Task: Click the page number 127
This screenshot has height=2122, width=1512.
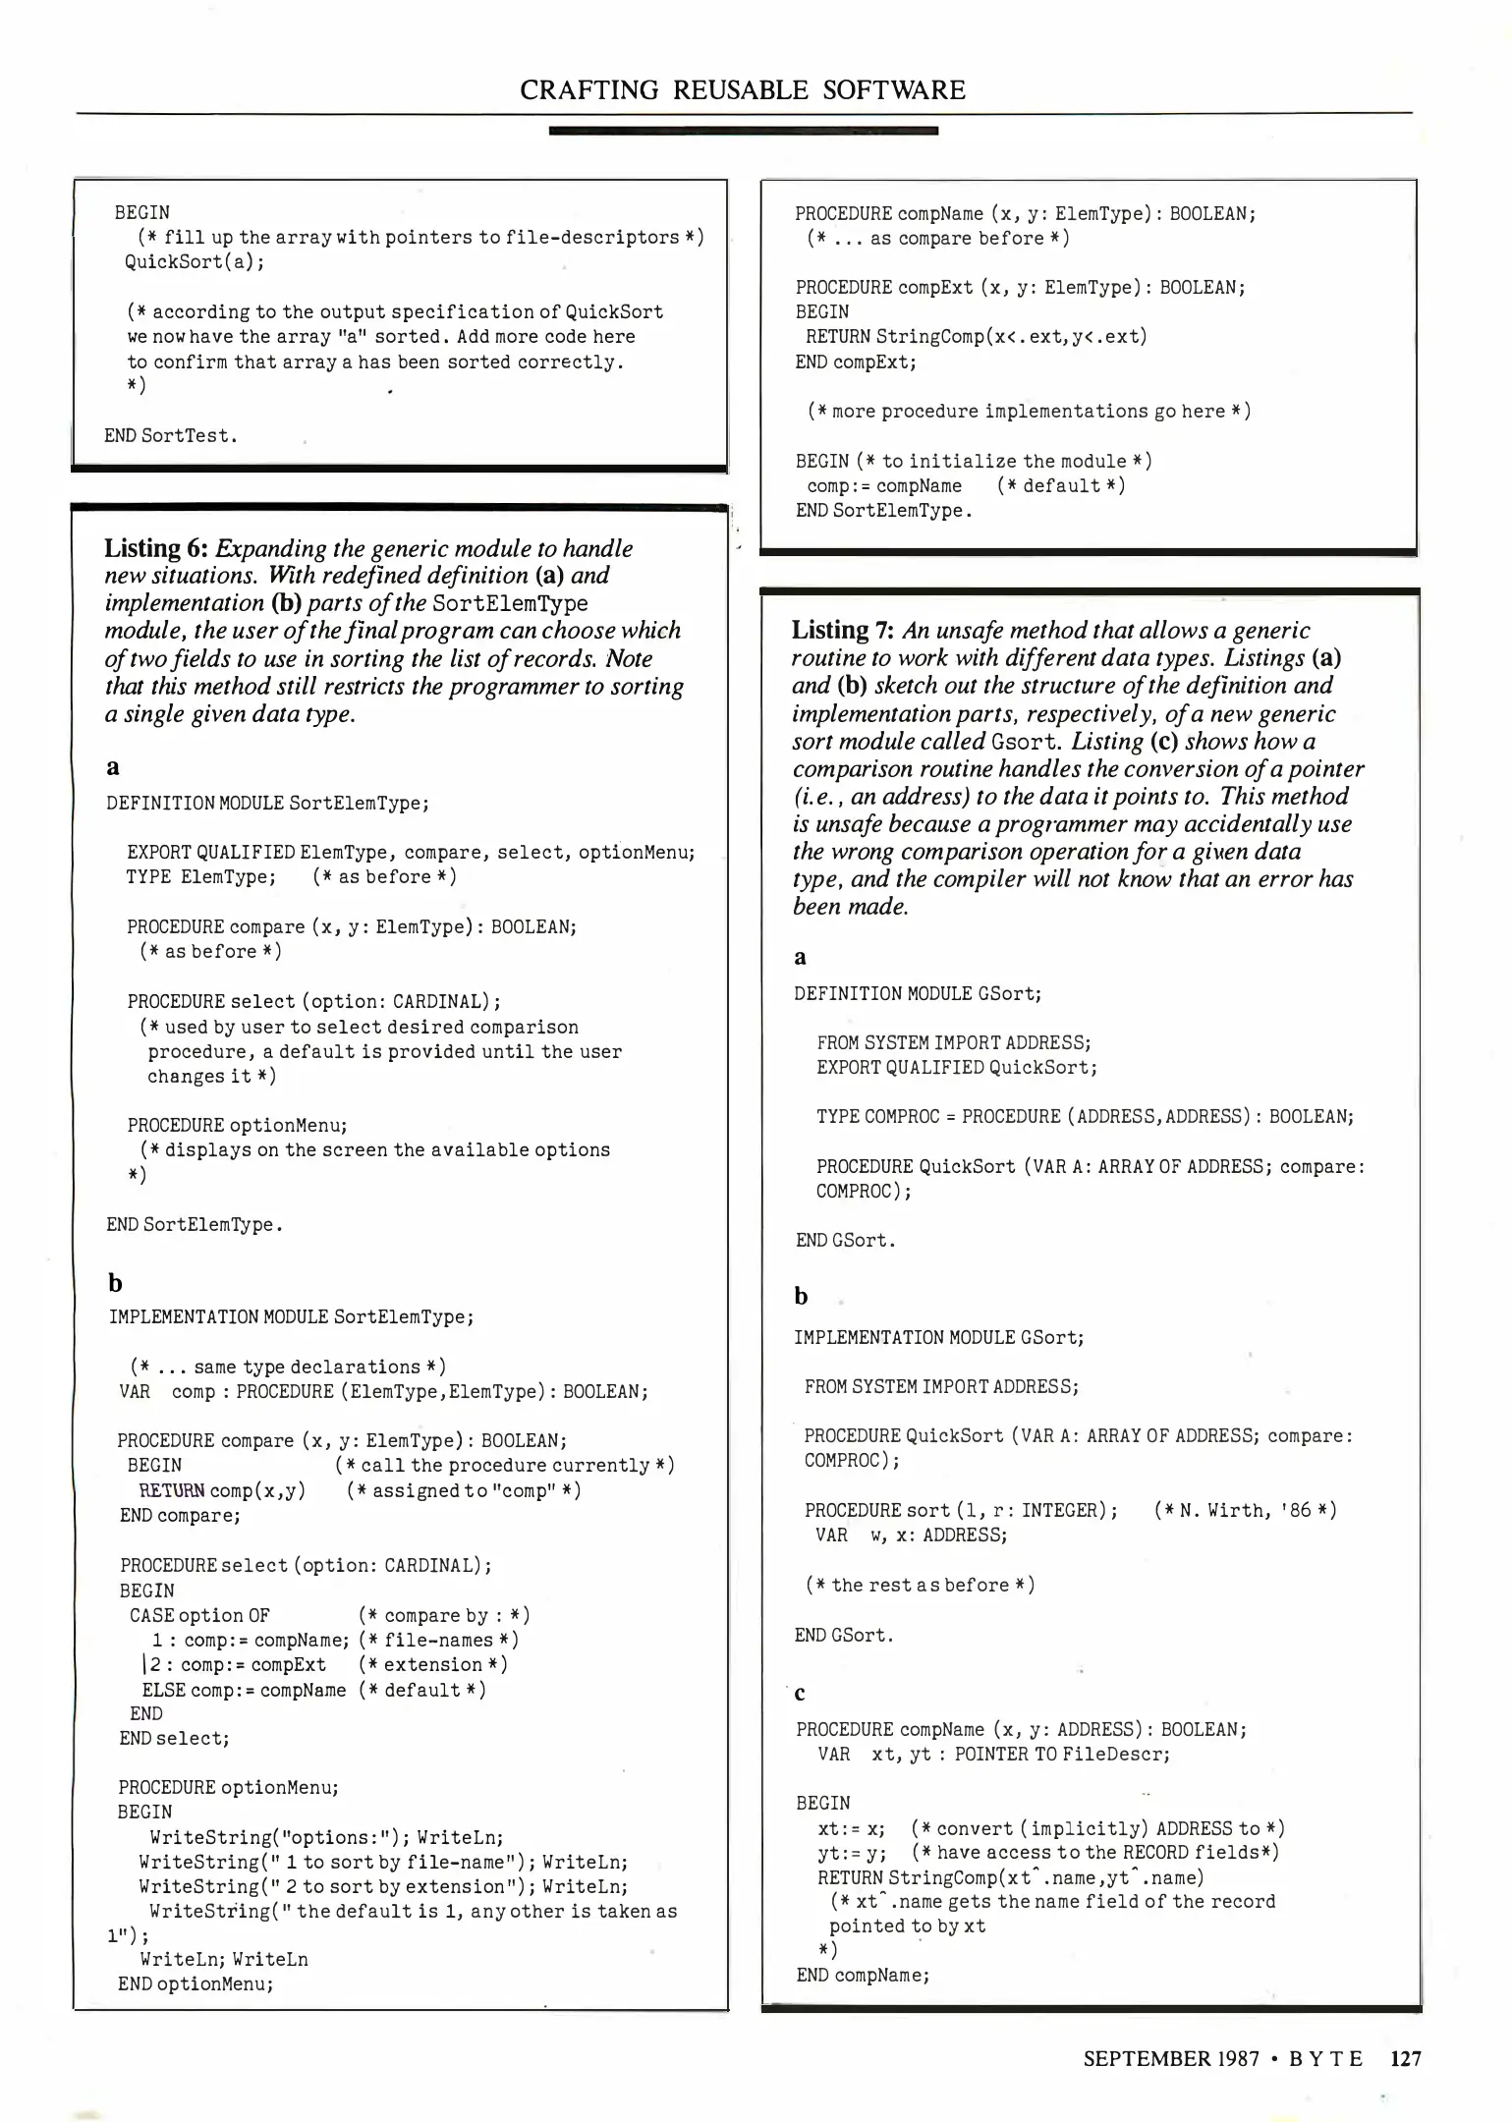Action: coord(1406,2058)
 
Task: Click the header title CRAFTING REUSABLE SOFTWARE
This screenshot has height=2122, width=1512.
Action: coord(743,90)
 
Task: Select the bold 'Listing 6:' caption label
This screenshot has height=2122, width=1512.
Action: coord(157,548)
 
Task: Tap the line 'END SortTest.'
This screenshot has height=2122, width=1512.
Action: coord(171,435)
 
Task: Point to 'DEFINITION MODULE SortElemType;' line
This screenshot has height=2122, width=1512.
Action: coord(267,803)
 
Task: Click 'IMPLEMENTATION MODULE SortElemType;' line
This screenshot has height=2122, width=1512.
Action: coord(292,1316)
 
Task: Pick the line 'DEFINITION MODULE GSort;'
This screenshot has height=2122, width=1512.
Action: coord(918,993)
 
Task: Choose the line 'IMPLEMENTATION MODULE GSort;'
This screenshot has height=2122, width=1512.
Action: coord(940,1337)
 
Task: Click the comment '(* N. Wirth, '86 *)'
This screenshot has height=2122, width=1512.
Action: coord(1245,1510)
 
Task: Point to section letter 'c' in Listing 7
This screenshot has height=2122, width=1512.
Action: coord(800,1691)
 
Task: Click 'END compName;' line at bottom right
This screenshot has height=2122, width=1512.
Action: coord(863,1974)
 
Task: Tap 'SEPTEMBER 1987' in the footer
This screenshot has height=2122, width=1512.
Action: coord(1171,2058)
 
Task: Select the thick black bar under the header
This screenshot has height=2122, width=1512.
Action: coord(743,131)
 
